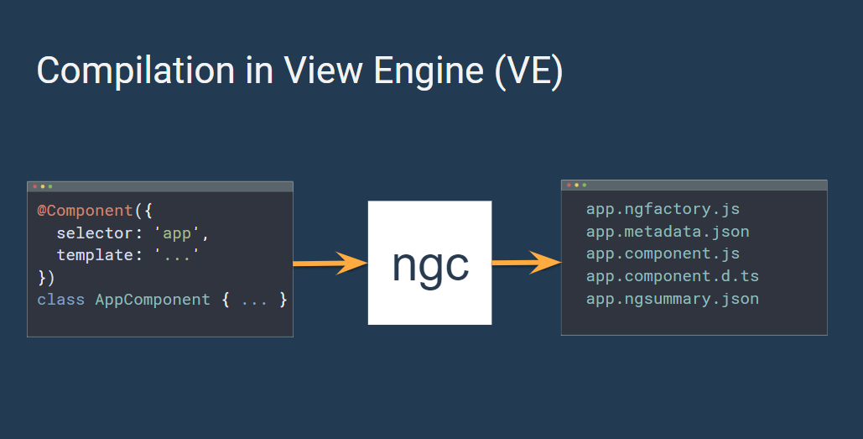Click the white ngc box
click(x=429, y=263)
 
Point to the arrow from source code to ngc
click(x=330, y=264)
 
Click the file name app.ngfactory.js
click(x=663, y=209)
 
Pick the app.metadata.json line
click(x=668, y=231)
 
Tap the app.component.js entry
click(x=663, y=253)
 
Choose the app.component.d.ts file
click(x=672, y=276)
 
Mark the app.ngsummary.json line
click(x=672, y=299)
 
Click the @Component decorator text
click(x=85, y=210)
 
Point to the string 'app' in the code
click(x=177, y=233)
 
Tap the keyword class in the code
click(x=61, y=299)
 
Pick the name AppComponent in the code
click(x=153, y=299)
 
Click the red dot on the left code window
click(x=34, y=186)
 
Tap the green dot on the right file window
click(x=584, y=185)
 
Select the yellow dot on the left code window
click(x=43, y=186)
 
